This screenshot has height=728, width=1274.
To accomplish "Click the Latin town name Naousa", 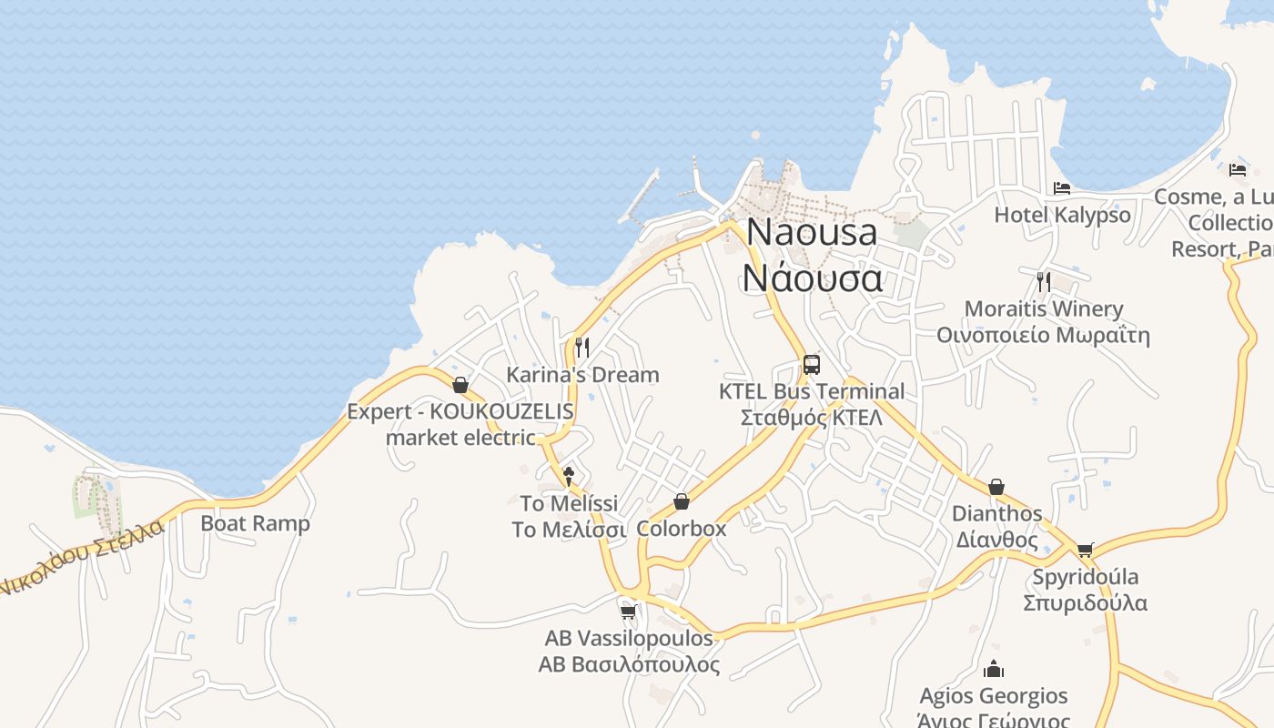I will click(x=813, y=232).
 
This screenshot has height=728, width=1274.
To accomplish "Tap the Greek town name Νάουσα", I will click(x=813, y=277).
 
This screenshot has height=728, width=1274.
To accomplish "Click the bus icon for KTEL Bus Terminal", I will click(x=812, y=365).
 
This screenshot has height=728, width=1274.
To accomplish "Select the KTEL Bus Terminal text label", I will click(x=812, y=392).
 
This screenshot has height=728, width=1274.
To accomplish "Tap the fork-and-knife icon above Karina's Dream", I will click(x=582, y=347).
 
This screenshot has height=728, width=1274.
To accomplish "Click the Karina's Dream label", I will click(x=582, y=375).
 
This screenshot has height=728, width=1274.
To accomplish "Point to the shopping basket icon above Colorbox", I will click(x=682, y=501).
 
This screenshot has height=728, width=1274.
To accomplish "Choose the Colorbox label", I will click(x=682, y=529).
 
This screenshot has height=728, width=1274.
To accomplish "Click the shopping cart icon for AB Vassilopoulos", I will click(x=628, y=612).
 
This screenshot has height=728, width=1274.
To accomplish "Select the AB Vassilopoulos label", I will click(x=629, y=638).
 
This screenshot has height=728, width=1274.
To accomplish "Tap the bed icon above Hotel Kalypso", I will click(x=1062, y=188).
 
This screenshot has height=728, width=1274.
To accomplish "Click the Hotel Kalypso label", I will click(x=1062, y=216).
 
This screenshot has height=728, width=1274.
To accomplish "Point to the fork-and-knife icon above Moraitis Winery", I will click(x=1044, y=281).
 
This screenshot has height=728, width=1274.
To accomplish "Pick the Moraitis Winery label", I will click(x=1044, y=309).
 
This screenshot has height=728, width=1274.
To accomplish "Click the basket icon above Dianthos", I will click(x=996, y=487).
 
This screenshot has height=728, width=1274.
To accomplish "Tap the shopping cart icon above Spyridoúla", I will click(x=1085, y=550).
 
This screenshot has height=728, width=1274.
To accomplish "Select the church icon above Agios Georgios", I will click(x=994, y=670).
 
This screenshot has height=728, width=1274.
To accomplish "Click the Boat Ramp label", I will click(x=255, y=524).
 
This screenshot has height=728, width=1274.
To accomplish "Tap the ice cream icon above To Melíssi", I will click(x=569, y=475).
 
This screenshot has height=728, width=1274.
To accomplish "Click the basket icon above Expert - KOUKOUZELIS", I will click(x=460, y=385).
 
